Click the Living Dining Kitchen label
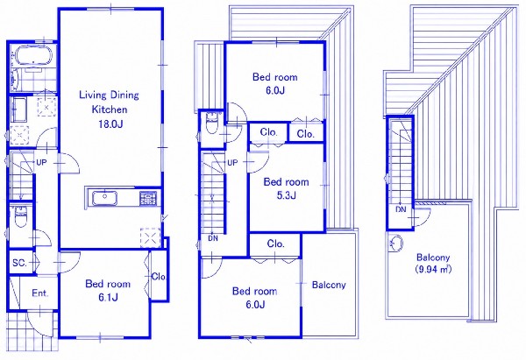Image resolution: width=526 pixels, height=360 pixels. click(x=109, y=102)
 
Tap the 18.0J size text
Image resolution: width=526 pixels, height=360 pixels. click(x=110, y=124)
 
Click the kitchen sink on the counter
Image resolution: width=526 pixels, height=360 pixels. click(x=104, y=198)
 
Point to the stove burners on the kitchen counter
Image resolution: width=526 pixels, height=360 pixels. click(x=148, y=198)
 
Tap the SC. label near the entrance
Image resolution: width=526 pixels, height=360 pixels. click(x=19, y=263)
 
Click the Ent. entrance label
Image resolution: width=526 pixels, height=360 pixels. click(x=40, y=293)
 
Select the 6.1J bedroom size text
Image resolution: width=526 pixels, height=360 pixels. click(x=108, y=297)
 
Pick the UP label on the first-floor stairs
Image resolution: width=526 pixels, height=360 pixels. click(x=41, y=163)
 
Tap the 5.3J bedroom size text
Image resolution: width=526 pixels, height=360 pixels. click(x=286, y=195)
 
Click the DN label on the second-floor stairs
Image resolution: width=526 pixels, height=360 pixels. click(x=213, y=238)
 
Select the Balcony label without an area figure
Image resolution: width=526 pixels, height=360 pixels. click(x=329, y=285)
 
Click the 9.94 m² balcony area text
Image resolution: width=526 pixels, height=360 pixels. click(x=433, y=269)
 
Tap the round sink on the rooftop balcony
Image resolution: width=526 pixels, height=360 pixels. click(x=396, y=244)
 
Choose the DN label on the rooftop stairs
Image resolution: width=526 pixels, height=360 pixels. click(x=401, y=210)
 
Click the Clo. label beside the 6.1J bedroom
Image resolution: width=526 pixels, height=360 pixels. click(x=159, y=277)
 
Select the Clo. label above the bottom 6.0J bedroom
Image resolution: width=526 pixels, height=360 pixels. click(x=276, y=244)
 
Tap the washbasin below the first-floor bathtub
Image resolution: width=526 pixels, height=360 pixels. click(x=19, y=110)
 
